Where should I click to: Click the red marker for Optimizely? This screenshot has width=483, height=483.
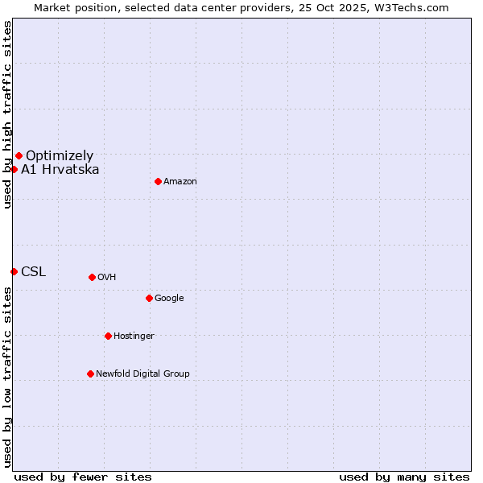coord(19,155)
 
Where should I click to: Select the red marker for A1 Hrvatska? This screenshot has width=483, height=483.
coord(14,169)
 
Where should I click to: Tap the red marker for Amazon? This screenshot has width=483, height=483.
coord(158,181)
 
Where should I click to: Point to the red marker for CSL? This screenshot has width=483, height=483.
coord(14,271)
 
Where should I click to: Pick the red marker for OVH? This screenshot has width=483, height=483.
coord(92,277)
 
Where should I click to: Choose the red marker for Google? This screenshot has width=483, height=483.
coord(149,298)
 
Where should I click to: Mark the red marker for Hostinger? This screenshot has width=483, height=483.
coord(108,336)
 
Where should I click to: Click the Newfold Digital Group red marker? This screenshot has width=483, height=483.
coord(90,374)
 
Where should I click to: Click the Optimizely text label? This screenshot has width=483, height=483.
coord(60,155)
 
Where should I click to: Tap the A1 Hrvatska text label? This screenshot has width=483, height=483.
coord(60,169)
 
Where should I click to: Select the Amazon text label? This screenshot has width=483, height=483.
coord(180,181)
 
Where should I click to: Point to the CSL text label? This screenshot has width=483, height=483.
coord(34,271)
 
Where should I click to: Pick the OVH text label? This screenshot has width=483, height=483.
coord(107,277)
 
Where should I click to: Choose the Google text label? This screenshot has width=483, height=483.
coord(169,298)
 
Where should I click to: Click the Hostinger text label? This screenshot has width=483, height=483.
coord(134,336)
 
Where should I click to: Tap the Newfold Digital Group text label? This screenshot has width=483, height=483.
coord(143,374)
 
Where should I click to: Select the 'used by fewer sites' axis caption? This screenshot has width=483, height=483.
coord(83,477)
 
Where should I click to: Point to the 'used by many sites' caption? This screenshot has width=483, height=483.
coord(404,477)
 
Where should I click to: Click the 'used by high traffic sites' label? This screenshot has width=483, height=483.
coord(7,114)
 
